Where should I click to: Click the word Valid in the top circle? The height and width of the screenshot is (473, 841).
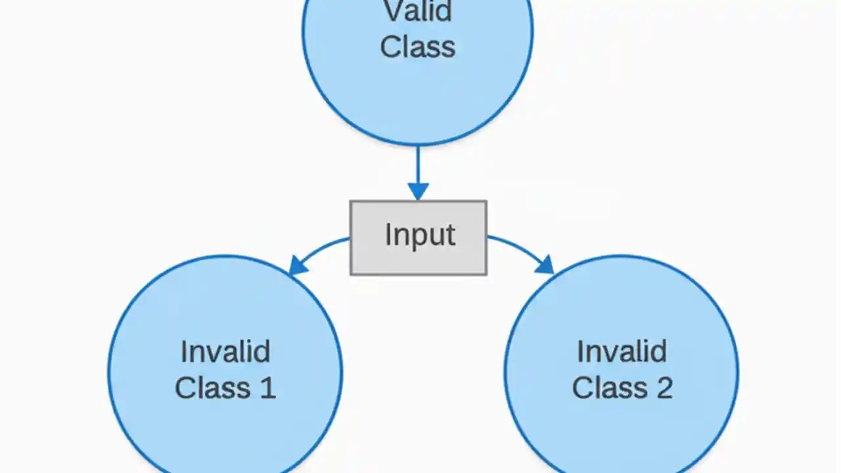[x=418, y=12]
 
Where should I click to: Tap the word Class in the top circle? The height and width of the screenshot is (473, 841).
[x=418, y=47]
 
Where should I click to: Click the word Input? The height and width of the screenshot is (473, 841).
[x=420, y=235]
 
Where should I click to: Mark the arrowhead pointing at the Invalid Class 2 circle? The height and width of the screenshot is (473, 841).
[x=545, y=265]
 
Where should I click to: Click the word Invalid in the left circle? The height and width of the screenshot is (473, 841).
[x=225, y=352]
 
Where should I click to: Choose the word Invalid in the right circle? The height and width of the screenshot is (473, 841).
[x=622, y=352]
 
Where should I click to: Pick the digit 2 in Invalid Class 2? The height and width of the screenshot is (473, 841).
[x=663, y=388]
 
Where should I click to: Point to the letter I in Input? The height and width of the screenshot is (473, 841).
[x=388, y=235]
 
